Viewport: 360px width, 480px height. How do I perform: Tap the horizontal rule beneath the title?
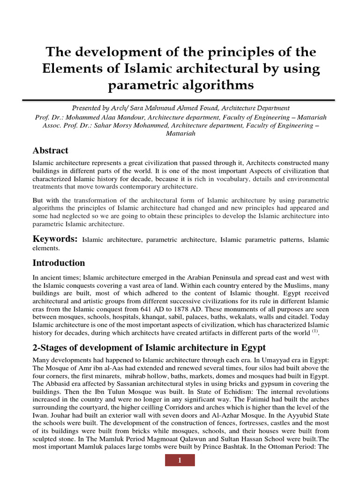pos(180,100)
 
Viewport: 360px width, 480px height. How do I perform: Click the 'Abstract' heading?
pos(50,150)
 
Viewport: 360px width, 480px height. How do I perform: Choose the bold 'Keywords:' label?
pos(55,239)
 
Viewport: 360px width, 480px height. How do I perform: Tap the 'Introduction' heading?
pos(59,262)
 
